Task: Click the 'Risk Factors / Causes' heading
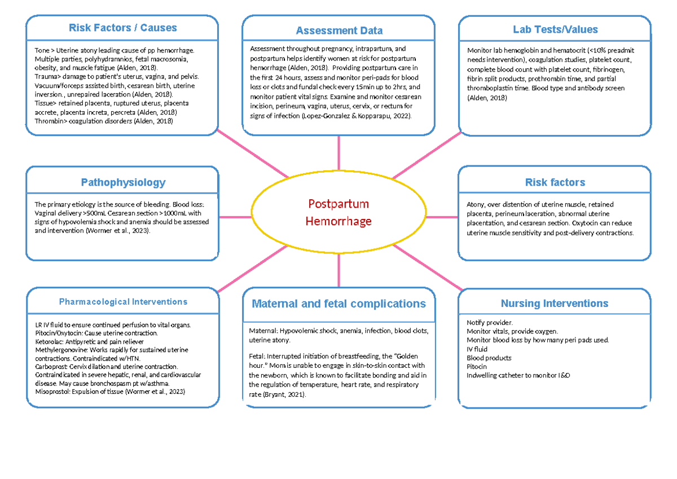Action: point(122,28)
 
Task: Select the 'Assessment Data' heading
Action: point(339,30)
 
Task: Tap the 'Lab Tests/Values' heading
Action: point(555,29)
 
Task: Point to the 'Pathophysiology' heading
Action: point(123,182)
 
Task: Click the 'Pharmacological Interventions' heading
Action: point(123,302)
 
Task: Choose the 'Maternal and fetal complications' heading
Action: point(338,304)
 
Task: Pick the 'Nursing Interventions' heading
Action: point(555,304)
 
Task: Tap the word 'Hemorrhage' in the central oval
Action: point(338,221)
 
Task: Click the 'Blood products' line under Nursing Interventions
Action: point(489,358)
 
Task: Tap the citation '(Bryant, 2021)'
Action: point(283,394)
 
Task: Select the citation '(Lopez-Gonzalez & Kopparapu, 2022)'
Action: point(357,116)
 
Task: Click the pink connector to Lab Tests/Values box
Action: point(427,156)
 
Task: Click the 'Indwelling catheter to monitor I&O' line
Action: point(518,375)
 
